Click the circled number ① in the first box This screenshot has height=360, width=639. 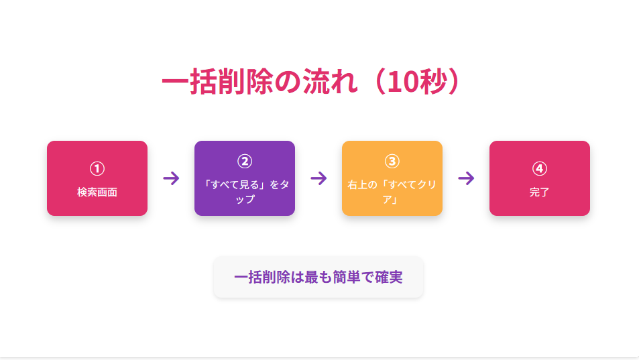pos(97,168)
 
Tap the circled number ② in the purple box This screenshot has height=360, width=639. pos(245,162)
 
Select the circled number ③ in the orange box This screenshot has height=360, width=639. pos(392,162)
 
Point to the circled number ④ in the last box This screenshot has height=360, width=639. pos(540,168)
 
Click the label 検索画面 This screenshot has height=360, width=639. pos(97,192)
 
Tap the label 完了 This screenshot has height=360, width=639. pos(540,192)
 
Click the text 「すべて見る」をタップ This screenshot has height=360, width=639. pos(245,192)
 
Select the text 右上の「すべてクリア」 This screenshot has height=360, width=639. pos(392,192)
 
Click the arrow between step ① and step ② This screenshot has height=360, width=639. pos(171,178)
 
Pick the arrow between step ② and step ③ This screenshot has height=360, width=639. pos(318,178)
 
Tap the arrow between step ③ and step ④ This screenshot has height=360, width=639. pos(466,178)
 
